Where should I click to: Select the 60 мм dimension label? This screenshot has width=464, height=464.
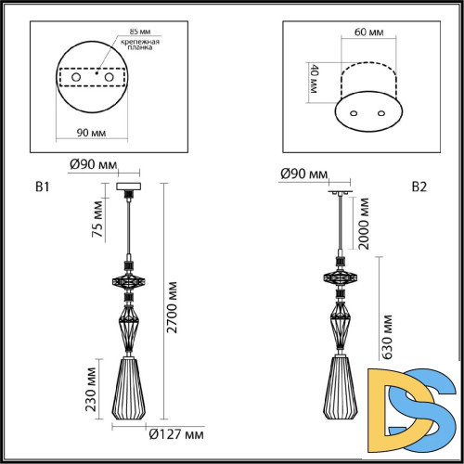(x=368, y=32)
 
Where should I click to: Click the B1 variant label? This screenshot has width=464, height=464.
(x=41, y=187)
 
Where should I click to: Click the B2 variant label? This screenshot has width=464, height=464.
(x=419, y=187)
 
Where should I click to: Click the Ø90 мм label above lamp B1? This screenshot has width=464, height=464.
(x=93, y=166)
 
